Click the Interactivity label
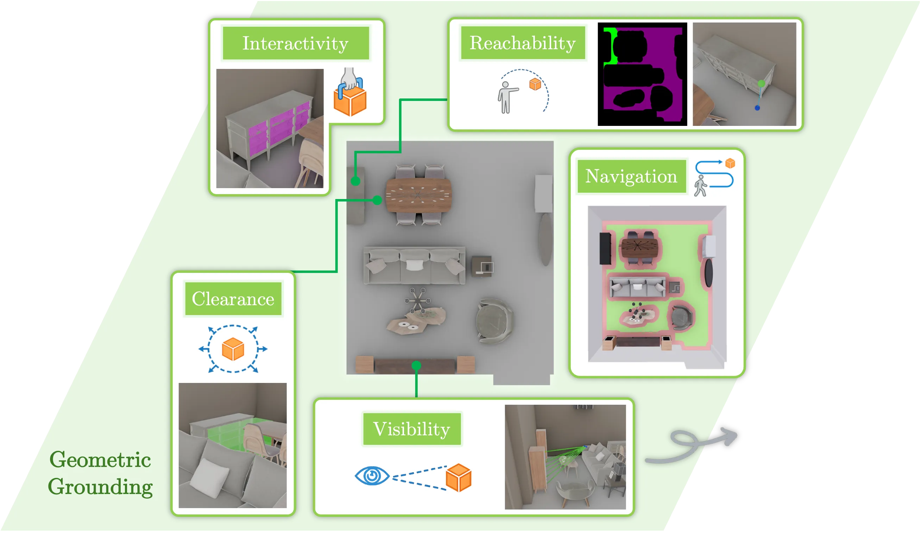point(295,43)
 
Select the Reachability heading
point(523,43)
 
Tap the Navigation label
point(631,177)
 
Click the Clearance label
point(233,299)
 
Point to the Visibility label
point(411,429)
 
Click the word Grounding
point(100,487)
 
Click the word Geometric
point(100,460)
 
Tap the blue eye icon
point(372,476)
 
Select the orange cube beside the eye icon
point(459,478)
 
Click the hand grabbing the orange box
point(349,78)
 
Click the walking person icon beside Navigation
point(700,186)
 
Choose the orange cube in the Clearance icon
point(233,349)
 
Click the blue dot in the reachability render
point(757,108)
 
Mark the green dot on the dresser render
point(761,84)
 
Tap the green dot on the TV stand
point(416,365)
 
